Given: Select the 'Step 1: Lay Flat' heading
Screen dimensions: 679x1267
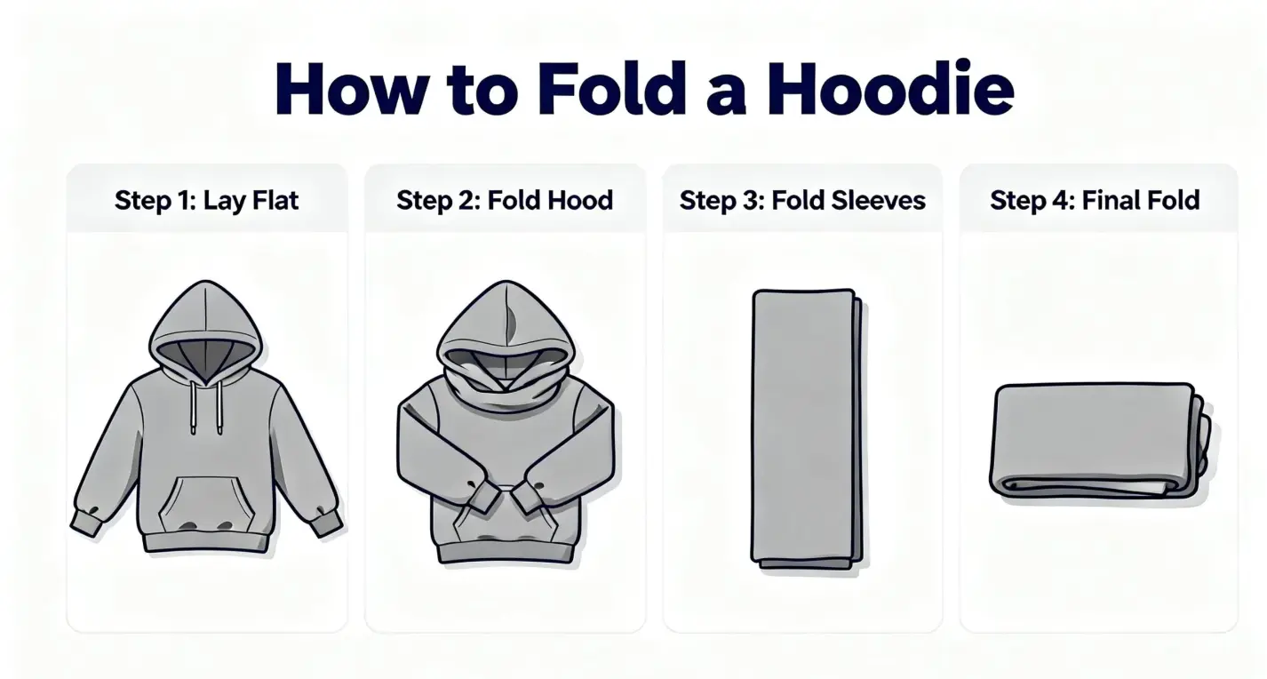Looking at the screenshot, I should point(206,200).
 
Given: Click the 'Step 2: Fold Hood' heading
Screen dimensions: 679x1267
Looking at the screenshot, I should point(505,200).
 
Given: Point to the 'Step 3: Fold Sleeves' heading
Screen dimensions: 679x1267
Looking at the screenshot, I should point(802,200).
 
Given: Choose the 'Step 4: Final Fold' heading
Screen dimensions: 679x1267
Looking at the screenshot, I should point(1095,200).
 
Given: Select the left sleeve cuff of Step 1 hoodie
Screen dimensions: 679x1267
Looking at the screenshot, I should point(86,522).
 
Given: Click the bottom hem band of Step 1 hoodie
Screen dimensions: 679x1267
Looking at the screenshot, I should point(206,541).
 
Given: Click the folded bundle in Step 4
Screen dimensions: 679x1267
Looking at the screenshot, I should point(1098,440).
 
